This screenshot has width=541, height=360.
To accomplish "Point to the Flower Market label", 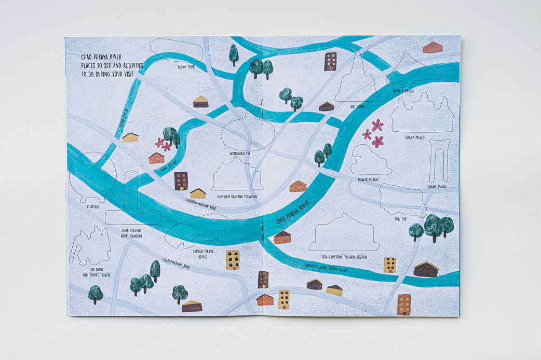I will pos(368,179).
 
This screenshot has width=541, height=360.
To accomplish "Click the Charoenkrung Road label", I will pos(176,263).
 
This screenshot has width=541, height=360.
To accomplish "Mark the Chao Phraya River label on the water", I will pos(295,212).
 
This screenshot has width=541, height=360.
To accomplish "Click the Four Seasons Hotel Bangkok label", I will pos(131,232).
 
